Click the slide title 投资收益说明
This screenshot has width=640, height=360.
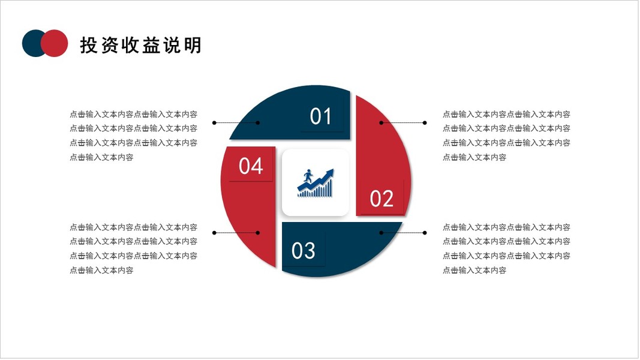pos(140,45)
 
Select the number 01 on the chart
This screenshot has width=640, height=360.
pos(321,116)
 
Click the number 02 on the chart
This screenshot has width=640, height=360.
pos(381,199)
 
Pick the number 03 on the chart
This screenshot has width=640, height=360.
pos(304,250)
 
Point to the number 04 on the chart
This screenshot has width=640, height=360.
pos(251,166)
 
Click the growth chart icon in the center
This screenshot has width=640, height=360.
pos(316,183)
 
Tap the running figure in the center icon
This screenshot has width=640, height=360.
pos(308,177)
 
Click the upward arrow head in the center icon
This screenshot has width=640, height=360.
pos(329,173)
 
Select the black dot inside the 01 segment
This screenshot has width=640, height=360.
pos(257,122)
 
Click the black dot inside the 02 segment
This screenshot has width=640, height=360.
pos(381,122)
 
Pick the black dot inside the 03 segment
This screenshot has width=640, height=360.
pos(381,232)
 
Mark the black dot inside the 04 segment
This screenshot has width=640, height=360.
pos(257,232)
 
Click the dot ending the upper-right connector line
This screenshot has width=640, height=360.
pos(425,122)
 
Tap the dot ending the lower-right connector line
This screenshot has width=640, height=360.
pos(425,232)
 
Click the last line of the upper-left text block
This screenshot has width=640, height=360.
pos(101,157)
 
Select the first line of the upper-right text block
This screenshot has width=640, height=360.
pos(506,114)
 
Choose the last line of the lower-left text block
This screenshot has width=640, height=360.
pos(101,270)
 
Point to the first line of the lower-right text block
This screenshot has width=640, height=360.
pos(506,227)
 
